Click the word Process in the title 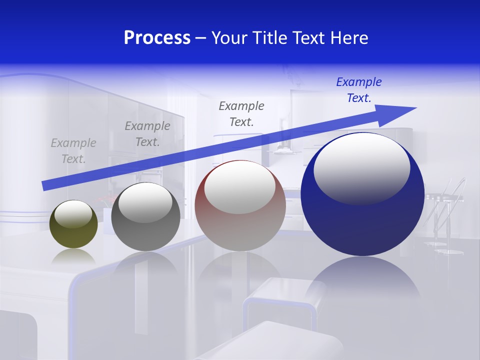click(x=157, y=38)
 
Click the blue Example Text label click(x=358, y=90)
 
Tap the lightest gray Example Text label click(x=73, y=151)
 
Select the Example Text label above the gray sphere click(x=147, y=134)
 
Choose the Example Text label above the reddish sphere click(x=241, y=114)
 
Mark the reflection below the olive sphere click(x=73, y=256)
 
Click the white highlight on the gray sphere click(x=145, y=202)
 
